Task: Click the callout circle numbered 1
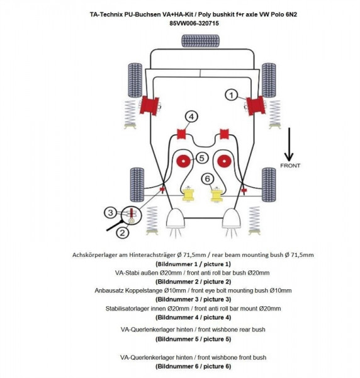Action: click(231, 95)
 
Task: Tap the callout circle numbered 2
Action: click(121, 231)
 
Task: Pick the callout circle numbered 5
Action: click(201, 158)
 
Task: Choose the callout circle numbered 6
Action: click(207, 179)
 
